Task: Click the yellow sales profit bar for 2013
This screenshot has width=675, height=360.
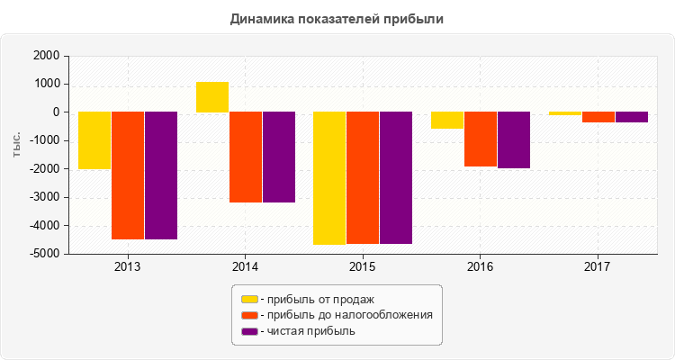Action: (x=94, y=140)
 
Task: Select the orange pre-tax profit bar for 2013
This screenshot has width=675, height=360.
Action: (x=128, y=175)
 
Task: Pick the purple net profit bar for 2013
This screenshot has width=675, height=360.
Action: (x=161, y=175)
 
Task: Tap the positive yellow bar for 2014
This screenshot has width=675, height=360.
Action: (x=212, y=97)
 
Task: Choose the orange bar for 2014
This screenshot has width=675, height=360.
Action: (x=246, y=157)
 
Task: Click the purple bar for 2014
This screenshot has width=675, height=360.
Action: (x=279, y=157)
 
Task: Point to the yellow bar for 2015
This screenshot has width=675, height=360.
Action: (x=329, y=178)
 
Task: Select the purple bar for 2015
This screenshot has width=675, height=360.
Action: (x=396, y=177)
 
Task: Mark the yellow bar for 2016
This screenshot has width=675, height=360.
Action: (x=447, y=121)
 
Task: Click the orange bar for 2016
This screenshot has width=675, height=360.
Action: (x=481, y=139)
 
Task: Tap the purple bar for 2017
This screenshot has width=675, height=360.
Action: (x=632, y=117)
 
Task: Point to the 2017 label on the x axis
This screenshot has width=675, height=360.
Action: (x=598, y=267)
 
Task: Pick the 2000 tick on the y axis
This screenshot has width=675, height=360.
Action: (x=45, y=56)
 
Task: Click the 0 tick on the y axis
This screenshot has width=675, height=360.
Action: (x=56, y=112)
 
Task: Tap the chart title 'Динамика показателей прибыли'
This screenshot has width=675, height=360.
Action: (x=337, y=18)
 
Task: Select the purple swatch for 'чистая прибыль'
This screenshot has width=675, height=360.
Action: (x=249, y=331)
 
